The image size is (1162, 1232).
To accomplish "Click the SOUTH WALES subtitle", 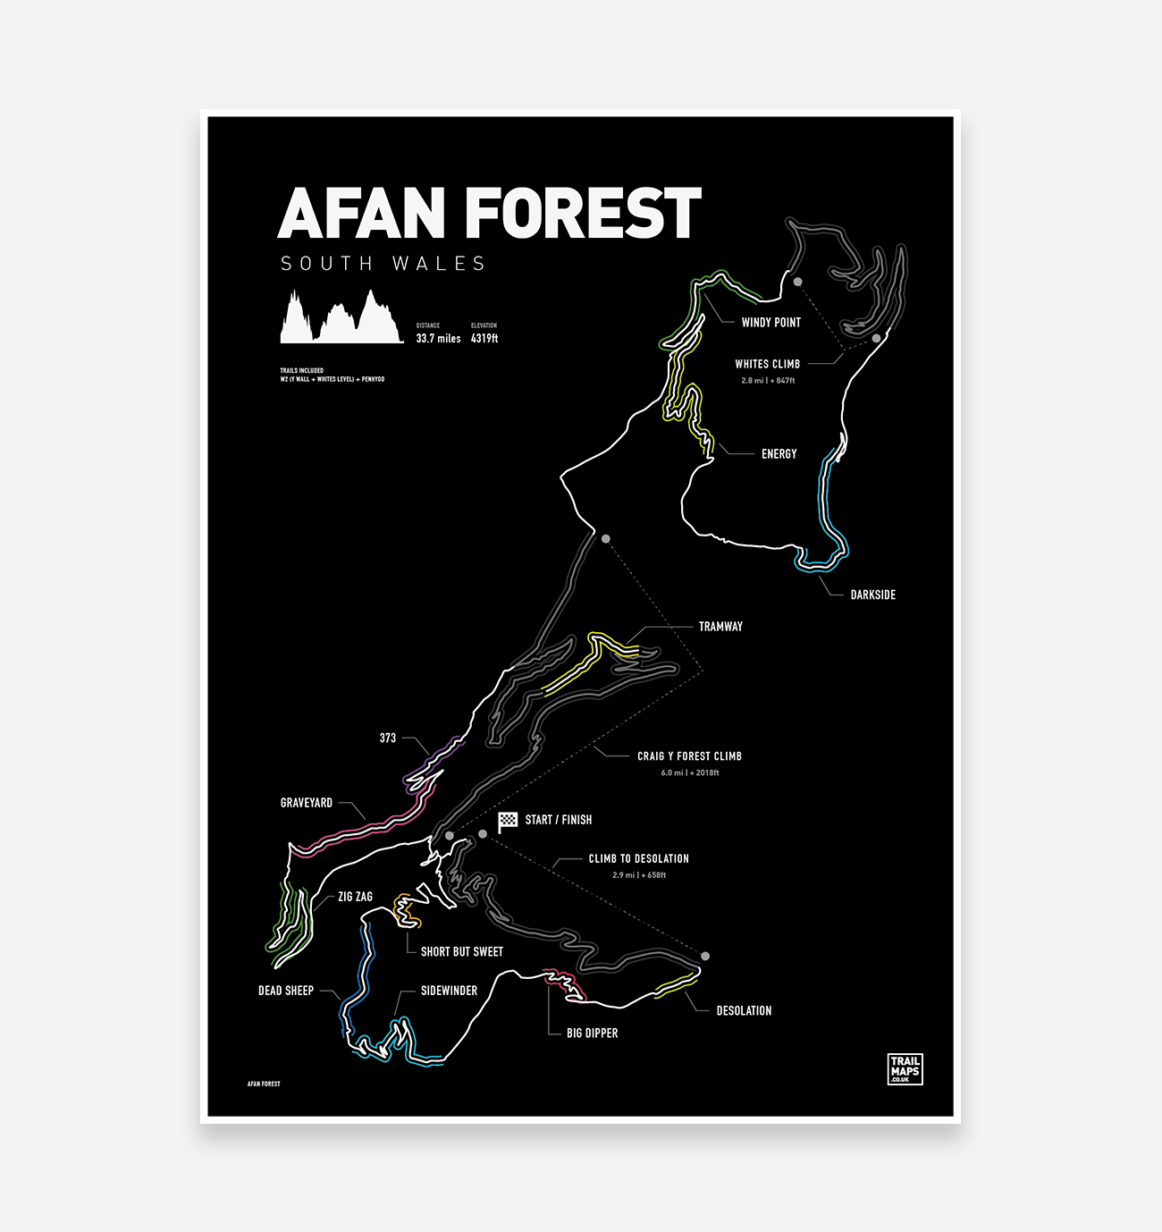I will (383, 264).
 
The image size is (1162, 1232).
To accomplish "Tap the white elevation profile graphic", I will (341, 320).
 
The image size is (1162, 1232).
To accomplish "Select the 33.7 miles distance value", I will (438, 339).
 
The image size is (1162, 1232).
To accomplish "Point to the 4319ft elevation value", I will (484, 339).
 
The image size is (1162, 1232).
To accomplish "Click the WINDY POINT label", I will (770, 323).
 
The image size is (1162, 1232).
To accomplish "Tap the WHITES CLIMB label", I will (767, 364).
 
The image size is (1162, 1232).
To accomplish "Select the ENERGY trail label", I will (779, 454).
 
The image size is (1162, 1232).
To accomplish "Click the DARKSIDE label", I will (872, 595).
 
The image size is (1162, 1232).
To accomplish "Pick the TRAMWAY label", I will (720, 627).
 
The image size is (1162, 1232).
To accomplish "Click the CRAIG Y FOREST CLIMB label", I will (689, 756).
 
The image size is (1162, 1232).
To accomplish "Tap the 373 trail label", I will (387, 738).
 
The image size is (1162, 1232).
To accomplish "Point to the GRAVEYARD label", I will (307, 803).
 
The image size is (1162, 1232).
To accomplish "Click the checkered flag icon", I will (508, 821).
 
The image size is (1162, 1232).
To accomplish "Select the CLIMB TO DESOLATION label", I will (638, 858).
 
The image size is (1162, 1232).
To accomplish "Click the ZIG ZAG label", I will (355, 897).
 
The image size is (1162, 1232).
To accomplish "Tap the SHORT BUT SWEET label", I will (461, 951).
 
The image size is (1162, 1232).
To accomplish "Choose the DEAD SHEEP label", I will (286, 991).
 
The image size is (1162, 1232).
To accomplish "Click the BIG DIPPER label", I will (592, 1033).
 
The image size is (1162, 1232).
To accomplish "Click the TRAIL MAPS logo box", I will (905, 1069).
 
